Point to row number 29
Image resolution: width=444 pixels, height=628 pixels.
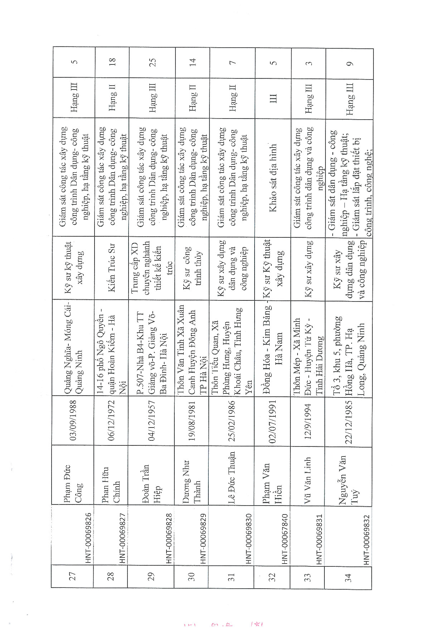pos(151,576)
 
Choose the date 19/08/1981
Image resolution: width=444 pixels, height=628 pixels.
pos(192,421)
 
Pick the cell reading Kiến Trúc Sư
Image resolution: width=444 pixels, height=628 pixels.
pos(112,268)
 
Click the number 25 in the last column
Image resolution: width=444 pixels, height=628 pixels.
pos(153,62)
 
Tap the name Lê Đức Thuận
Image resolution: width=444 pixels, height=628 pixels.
pos(232,478)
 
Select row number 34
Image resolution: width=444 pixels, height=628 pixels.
pos(348,578)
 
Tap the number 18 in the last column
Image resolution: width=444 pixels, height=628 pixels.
pos(112,61)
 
